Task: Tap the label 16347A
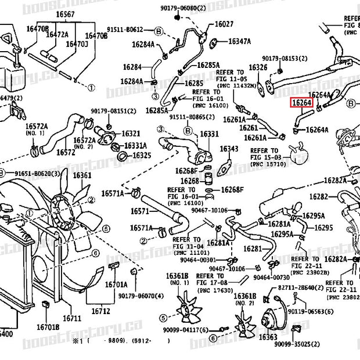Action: [239, 41]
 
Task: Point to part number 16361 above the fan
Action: [82, 175]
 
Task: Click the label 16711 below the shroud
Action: [72, 318]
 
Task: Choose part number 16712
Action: [100, 311]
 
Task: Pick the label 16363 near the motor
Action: [268, 337]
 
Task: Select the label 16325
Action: [141, 155]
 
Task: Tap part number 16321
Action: [131, 134]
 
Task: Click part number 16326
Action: [258, 67]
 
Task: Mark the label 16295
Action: [323, 228]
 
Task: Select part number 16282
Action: [319, 197]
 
